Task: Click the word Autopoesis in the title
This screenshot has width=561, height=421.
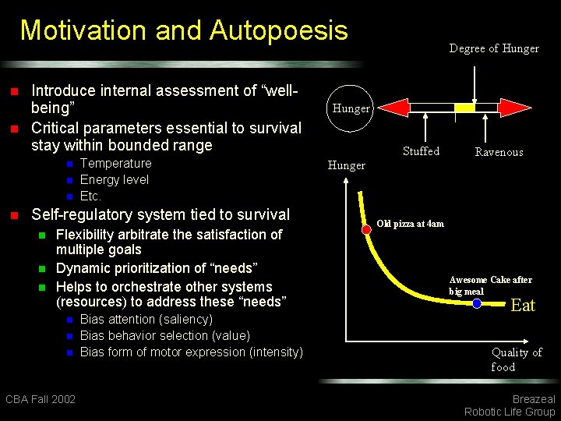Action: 278,31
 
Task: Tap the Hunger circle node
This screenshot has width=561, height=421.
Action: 351,108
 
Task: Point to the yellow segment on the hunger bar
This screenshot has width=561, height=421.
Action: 465,108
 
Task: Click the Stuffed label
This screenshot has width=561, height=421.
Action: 421,151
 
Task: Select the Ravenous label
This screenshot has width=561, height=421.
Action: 499,152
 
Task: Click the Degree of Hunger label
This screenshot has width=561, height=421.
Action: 494,48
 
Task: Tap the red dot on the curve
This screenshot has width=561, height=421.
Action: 366,230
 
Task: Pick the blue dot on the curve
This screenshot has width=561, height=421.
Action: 477,302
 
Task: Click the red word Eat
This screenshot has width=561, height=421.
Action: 522,306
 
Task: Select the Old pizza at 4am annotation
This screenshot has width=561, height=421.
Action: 410,224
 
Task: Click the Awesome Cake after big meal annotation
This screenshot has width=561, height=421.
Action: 490,285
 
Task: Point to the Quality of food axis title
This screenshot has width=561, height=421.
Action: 516,359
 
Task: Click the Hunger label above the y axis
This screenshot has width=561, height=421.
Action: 346,165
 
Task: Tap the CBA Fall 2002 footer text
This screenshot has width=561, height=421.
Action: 41,399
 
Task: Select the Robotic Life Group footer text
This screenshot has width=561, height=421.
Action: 509,412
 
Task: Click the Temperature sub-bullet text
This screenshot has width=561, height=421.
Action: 115,163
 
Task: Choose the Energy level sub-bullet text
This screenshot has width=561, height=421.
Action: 115,179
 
